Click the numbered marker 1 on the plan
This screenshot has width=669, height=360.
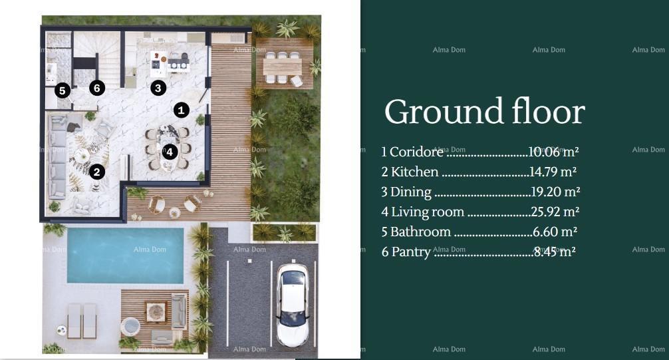pos(182,110)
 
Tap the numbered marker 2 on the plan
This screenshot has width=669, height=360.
pos(97,172)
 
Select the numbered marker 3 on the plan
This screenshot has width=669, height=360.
pos(158,87)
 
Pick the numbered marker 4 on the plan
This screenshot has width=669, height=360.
pos(170,152)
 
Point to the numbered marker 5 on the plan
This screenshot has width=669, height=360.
pos(63,90)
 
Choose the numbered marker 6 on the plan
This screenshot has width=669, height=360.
pos(97,87)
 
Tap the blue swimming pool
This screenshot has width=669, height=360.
pos(125,256)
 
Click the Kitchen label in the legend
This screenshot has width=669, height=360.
pos(414,172)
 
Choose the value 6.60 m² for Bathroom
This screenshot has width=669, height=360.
pos(555,232)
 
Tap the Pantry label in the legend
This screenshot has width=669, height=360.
pos(410,252)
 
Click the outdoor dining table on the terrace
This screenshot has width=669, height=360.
pos(282,67)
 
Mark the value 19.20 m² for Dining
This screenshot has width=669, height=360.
pos(555,192)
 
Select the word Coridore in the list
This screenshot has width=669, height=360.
pos(416,152)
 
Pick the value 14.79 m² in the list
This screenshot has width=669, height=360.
pos(553,172)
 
